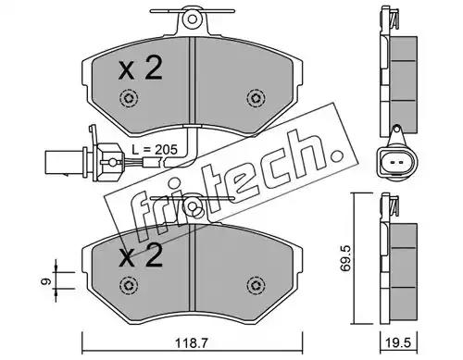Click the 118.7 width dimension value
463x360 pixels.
tap(192, 343)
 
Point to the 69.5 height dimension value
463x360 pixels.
tap(344, 258)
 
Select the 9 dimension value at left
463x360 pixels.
tap(46, 281)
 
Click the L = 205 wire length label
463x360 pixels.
tap(155, 150)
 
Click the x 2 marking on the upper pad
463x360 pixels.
tap(141, 69)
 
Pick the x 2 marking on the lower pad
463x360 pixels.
tap(141, 255)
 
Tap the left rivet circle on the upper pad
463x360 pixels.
tap(129, 98)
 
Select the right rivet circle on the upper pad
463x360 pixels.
tap(257, 98)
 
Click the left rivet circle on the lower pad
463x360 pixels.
tap(129, 285)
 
